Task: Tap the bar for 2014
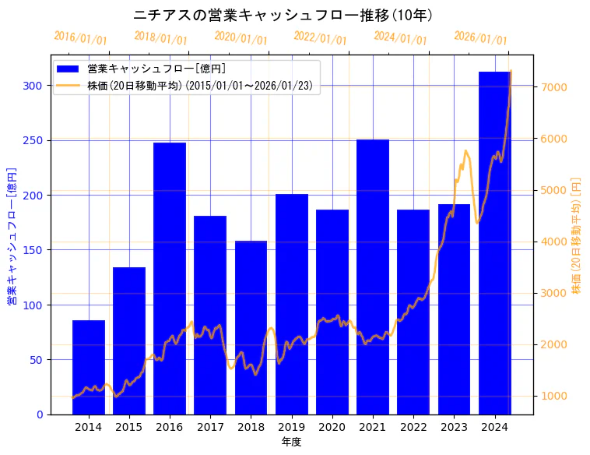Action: click(x=89, y=367)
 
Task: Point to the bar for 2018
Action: click(x=251, y=327)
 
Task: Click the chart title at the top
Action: click(x=283, y=15)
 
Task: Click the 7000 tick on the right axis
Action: click(x=553, y=87)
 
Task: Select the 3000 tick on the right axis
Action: click(x=553, y=293)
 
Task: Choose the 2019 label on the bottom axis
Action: click(x=291, y=427)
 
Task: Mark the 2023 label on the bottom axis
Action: click(x=454, y=427)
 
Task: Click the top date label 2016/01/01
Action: click(x=80, y=38)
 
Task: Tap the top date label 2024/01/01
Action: click(x=400, y=37)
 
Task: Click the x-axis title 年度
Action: click(x=291, y=442)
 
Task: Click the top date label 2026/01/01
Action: click(x=480, y=38)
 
